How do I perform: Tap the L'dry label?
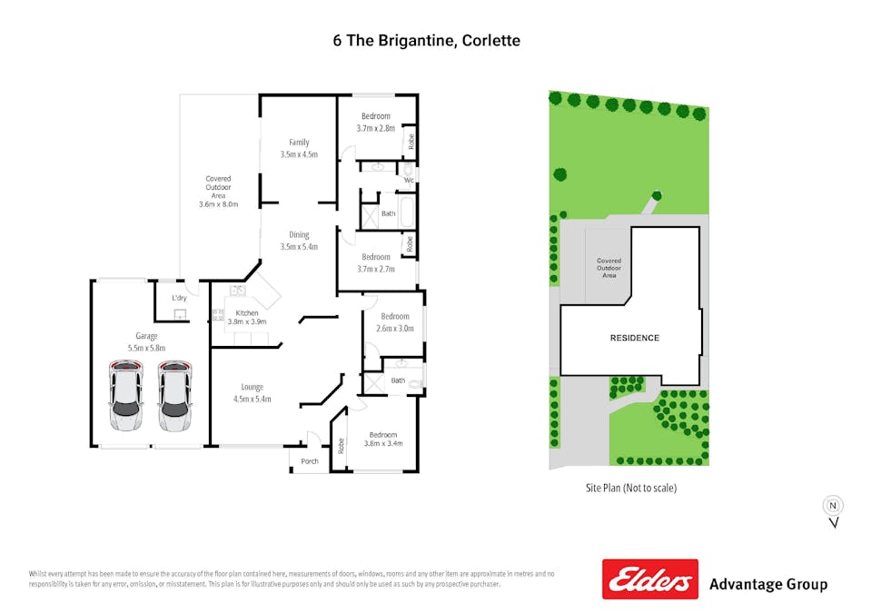click(x=179, y=298)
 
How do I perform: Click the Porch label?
click(x=310, y=461)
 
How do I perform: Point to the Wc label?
click(x=409, y=180)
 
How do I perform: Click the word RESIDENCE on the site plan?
click(x=634, y=338)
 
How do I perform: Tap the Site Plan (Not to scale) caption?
click(x=631, y=488)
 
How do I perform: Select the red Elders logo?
click(x=650, y=578)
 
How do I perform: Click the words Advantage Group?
click(x=767, y=584)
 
